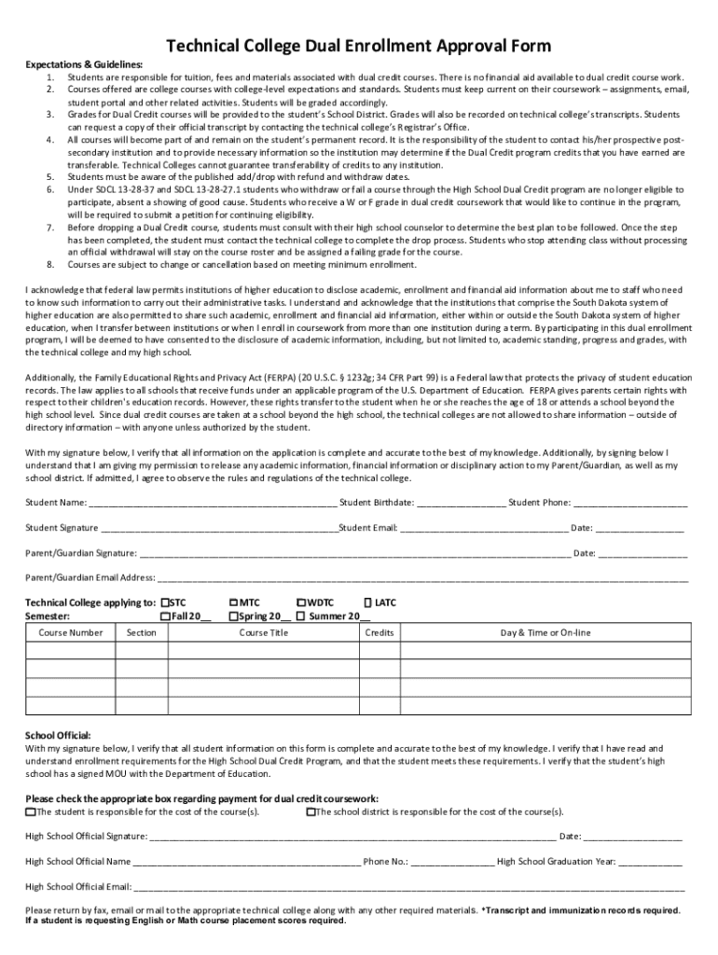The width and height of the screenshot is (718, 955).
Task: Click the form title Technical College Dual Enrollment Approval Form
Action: click(358, 46)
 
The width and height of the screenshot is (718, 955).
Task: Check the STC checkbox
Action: click(165, 602)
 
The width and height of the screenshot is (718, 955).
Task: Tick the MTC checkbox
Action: click(233, 602)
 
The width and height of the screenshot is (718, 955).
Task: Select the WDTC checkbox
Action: click(301, 602)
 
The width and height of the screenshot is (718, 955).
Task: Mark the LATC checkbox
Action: click(367, 602)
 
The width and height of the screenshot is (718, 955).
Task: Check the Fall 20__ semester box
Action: click(165, 616)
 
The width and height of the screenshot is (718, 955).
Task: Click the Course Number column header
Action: click(71, 633)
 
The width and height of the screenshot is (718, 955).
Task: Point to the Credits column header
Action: click(380, 633)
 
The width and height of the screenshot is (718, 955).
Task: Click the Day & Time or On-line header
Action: click(545, 633)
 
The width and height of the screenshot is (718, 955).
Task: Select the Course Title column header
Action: click(264, 633)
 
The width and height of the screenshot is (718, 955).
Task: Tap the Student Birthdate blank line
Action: click(462, 504)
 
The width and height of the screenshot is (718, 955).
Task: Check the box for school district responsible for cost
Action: click(311, 811)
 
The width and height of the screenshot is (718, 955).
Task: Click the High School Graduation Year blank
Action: click(650, 863)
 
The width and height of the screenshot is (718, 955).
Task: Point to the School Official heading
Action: click(58, 736)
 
